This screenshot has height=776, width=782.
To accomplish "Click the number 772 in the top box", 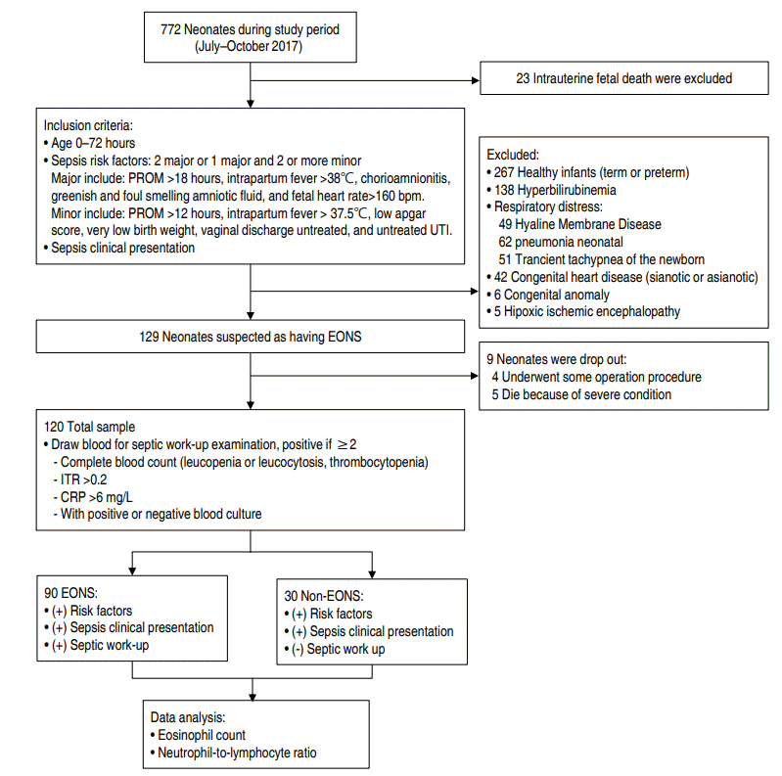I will click(x=172, y=29).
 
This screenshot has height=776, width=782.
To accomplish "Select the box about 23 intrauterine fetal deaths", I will click(x=623, y=78).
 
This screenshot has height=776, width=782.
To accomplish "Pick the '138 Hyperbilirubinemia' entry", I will click(x=559, y=190).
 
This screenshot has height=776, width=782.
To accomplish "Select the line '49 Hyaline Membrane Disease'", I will click(x=579, y=224).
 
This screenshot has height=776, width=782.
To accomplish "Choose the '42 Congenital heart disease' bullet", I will click(x=626, y=277).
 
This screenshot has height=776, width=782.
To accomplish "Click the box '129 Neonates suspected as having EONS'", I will click(x=251, y=337).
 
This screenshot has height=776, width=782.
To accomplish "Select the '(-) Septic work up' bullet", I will click(x=343, y=649).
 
